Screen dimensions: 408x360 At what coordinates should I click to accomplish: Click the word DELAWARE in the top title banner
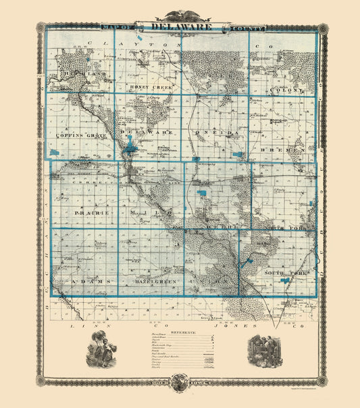180,26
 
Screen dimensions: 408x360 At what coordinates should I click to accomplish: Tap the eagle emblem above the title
180,14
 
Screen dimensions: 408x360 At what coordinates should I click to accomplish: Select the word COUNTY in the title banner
250,28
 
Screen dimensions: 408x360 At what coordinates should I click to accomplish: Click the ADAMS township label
76,280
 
